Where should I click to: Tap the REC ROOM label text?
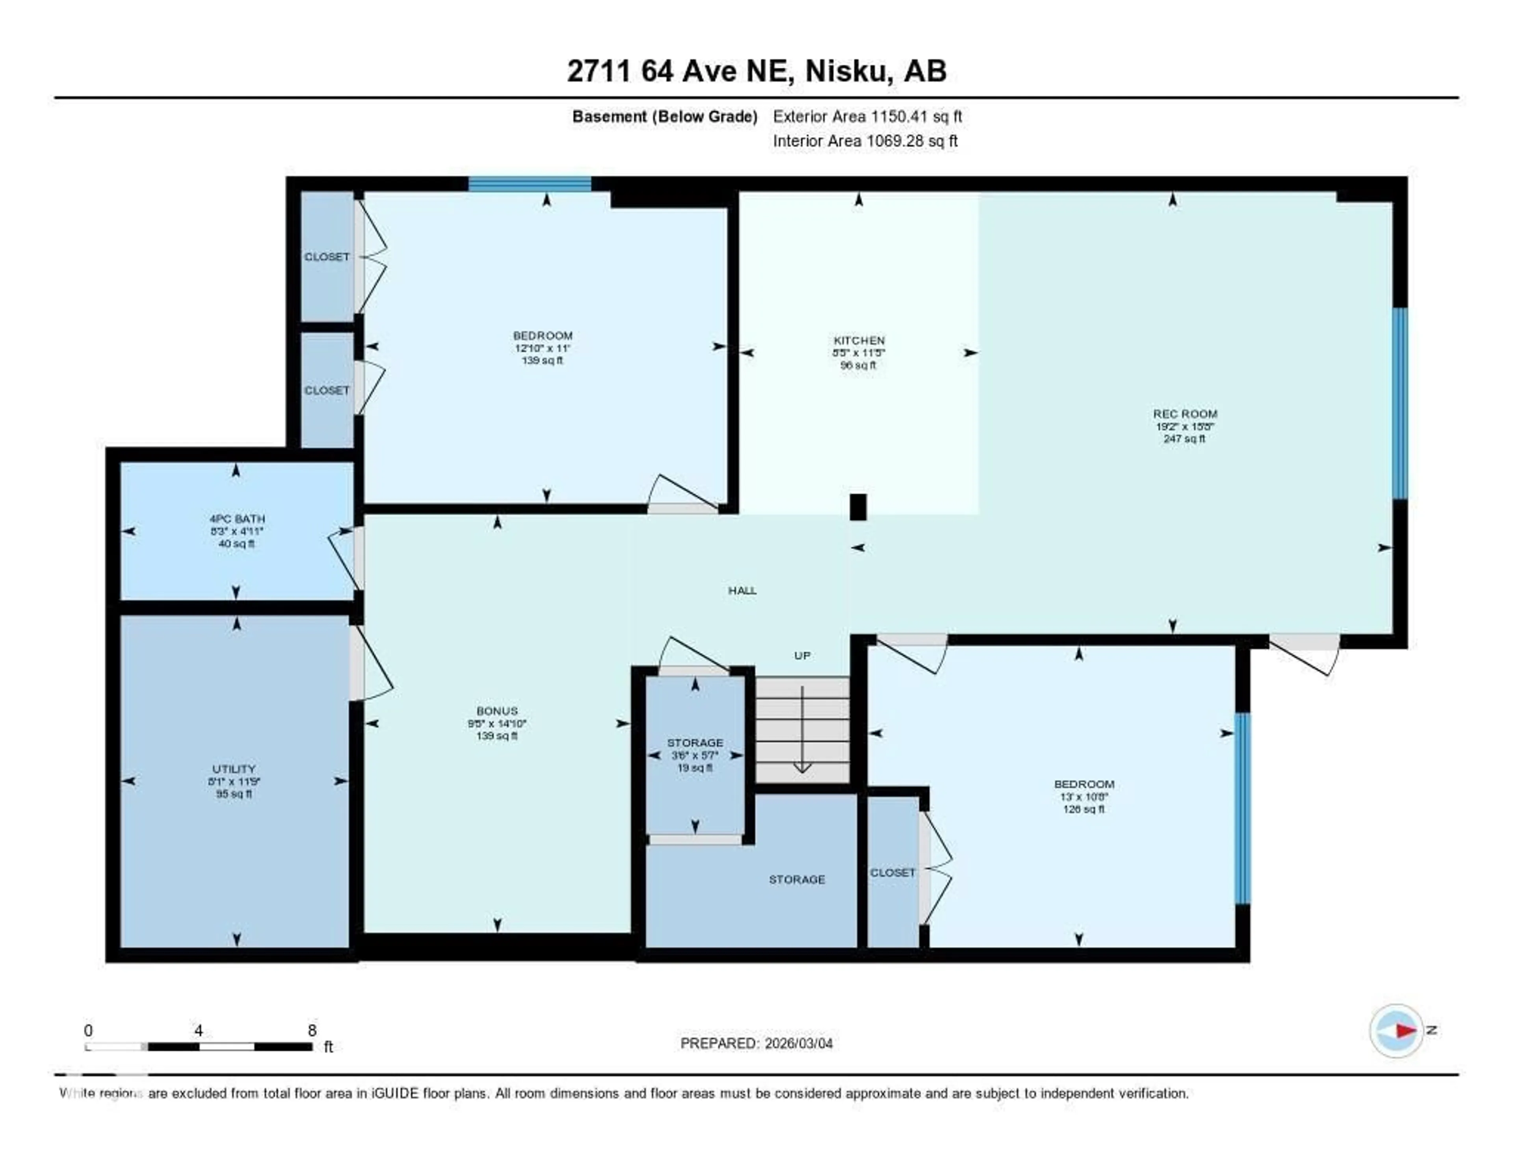click(x=1185, y=414)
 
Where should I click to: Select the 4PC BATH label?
click(x=237, y=518)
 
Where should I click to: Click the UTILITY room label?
click(x=234, y=769)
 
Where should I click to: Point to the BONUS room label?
click(x=497, y=711)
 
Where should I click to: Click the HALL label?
click(x=742, y=590)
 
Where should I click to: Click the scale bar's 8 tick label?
click(x=312, y=1030)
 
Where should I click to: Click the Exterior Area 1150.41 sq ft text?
click(x=867, y=116)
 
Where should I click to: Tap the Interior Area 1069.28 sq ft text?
click(x=865, y=141)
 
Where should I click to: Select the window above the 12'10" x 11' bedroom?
click(x=530, y=184)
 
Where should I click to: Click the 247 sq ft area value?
click(x=1185, y=439)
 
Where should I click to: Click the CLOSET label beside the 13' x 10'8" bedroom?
click(x=892, y=873)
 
